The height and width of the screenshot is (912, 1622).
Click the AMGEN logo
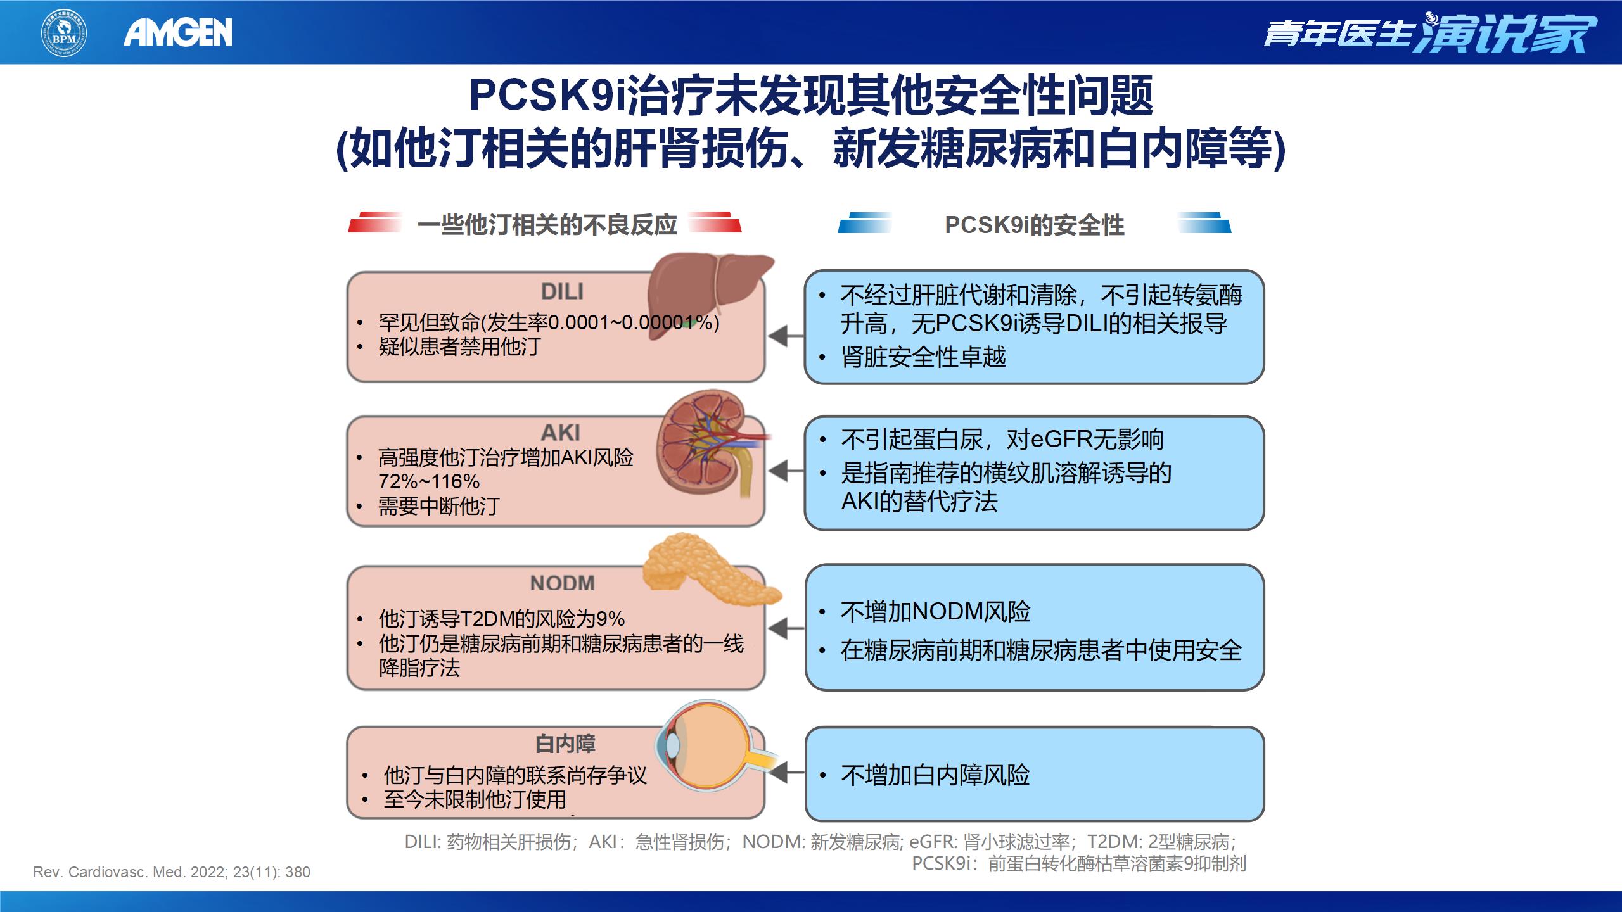click(x=178, y=32)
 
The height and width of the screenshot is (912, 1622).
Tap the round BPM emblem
click(x=64, y=32)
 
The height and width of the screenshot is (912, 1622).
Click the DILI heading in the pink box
click(x=562, y=292)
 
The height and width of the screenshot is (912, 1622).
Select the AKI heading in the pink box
click(x=561, y=433)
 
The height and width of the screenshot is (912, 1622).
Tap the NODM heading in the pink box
click(x=563, y=583)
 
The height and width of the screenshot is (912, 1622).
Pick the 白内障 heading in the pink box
click(x=565, y=744)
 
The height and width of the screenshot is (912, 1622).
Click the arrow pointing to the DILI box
click(x=786, y=336)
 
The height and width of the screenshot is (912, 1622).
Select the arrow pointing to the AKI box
click(x=786, y=471)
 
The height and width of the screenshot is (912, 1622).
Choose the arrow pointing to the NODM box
click(x=786, y=628)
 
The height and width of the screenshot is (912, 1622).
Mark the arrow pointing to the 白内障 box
click(x=786, y=773)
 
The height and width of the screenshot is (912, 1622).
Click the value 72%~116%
click(x=429, y=481)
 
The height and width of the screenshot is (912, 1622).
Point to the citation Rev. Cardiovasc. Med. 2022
click(x=172, y=872)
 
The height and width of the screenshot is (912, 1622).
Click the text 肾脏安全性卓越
click(x=923, y=357)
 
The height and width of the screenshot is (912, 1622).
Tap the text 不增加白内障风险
click(x=935, y=775)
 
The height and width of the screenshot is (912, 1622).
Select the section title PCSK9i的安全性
click(x=1034, y=225)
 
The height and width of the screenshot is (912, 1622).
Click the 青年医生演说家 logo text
click(x=1429, y=32)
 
